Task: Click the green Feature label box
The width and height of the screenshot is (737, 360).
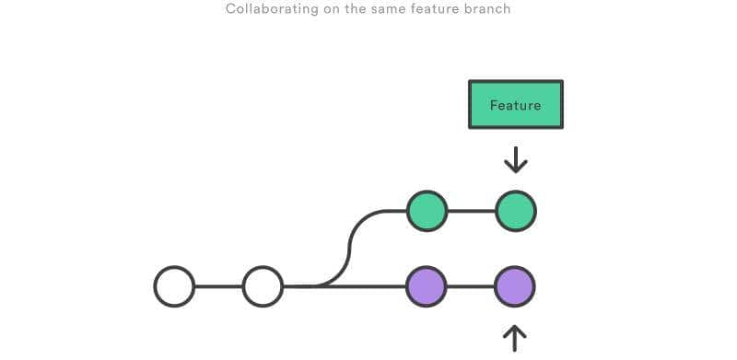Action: tap(515, 105)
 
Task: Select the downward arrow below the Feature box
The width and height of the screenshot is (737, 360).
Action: tap(515, 159)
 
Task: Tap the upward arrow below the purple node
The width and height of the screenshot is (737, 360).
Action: tap(514, 337)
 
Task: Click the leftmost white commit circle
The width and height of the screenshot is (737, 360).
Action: tap(174, 286)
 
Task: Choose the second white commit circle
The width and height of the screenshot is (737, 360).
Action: tap(263, 286)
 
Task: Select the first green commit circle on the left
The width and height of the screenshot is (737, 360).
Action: tap(427, 211)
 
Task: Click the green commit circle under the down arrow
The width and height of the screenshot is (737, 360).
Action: tap(515, 211)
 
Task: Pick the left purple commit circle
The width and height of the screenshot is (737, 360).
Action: tap(427, 286)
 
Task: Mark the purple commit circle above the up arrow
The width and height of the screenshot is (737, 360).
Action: tap(514, 286)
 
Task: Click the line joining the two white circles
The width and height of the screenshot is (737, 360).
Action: tap(218, 286)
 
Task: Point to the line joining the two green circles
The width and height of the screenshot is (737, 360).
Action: tap(471, 211)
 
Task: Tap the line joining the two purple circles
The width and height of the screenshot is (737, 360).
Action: tap(471, 286)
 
